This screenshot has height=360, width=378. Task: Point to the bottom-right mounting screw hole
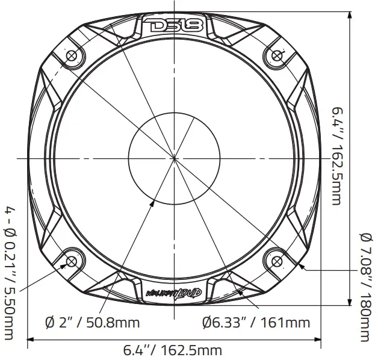click(x=276, y=261)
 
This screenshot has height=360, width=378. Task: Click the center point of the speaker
click(x=175, y=158)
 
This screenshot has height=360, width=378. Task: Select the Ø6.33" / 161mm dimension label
click(x=256, y=323)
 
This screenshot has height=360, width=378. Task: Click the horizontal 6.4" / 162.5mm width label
click(x=173, y=350)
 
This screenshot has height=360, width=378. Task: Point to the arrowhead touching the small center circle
click(x=153, y=203)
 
